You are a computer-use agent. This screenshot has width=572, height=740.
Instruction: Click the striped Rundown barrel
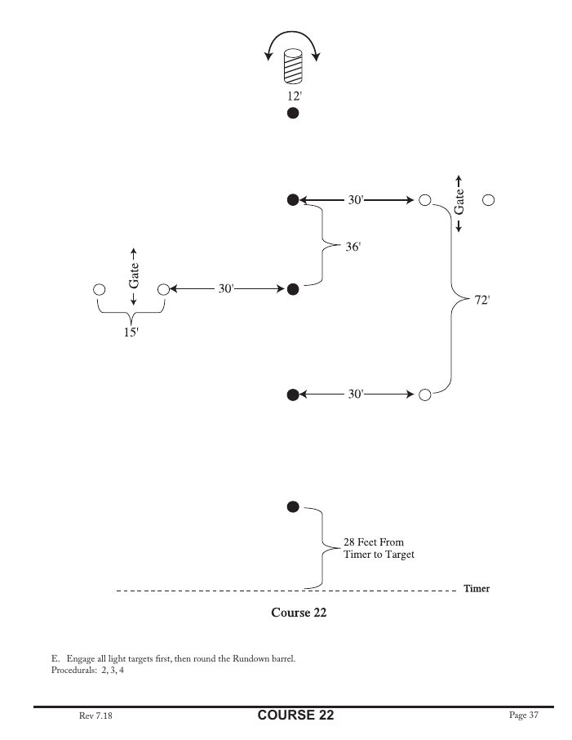292,68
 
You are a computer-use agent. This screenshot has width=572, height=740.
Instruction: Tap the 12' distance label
293,96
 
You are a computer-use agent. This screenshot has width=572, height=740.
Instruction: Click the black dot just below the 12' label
293,114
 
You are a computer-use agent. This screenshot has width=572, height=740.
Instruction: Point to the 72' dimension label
481,300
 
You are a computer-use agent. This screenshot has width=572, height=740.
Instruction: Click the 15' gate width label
131,333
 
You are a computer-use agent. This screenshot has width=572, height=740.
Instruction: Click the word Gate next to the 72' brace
459,200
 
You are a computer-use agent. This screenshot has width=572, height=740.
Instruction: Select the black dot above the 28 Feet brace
293,506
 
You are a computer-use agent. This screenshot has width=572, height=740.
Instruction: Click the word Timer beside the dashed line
477,588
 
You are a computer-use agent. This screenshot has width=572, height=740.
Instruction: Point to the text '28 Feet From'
373,542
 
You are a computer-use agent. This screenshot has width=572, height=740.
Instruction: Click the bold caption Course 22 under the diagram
299,612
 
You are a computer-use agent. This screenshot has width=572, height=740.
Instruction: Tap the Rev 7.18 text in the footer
95,715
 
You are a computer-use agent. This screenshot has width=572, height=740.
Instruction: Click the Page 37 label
524,715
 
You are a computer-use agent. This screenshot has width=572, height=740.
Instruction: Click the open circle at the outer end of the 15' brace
100,289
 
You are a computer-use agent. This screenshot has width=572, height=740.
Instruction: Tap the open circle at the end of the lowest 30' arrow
424,395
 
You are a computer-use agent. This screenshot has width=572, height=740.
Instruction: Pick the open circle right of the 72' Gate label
489,199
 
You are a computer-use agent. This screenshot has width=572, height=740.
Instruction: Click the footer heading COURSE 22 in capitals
295,715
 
